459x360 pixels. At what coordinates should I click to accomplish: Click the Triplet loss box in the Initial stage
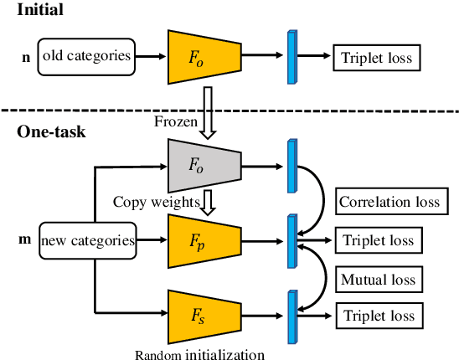click(x=375, y=58)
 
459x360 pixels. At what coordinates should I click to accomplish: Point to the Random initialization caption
click(x=199, y=353)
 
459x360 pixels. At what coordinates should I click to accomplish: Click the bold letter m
click(x=25, y=241)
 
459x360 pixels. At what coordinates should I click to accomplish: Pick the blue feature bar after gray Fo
click(x=292, y=164)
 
